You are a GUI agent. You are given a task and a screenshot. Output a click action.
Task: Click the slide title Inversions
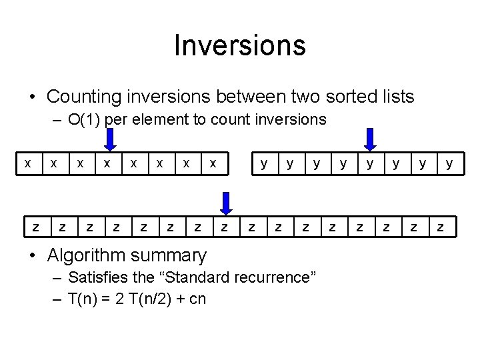(x=240, y=45)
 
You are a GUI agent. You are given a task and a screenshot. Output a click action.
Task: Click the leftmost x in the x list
(x=27, y=163)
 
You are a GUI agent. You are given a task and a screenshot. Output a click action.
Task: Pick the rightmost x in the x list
(x=212, y=163)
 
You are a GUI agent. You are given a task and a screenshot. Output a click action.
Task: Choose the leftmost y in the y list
(x=265, y=163)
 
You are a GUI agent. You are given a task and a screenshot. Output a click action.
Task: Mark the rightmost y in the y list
(x=449, y=163)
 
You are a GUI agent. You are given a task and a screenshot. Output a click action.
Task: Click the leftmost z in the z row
(x=35, y=228)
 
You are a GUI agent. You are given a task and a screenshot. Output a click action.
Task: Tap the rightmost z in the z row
(x=441, y=228)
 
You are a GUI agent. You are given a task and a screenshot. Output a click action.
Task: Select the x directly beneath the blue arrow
(x=106, y=163)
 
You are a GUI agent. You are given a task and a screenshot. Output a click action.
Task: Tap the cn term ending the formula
(x=198, y=299)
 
